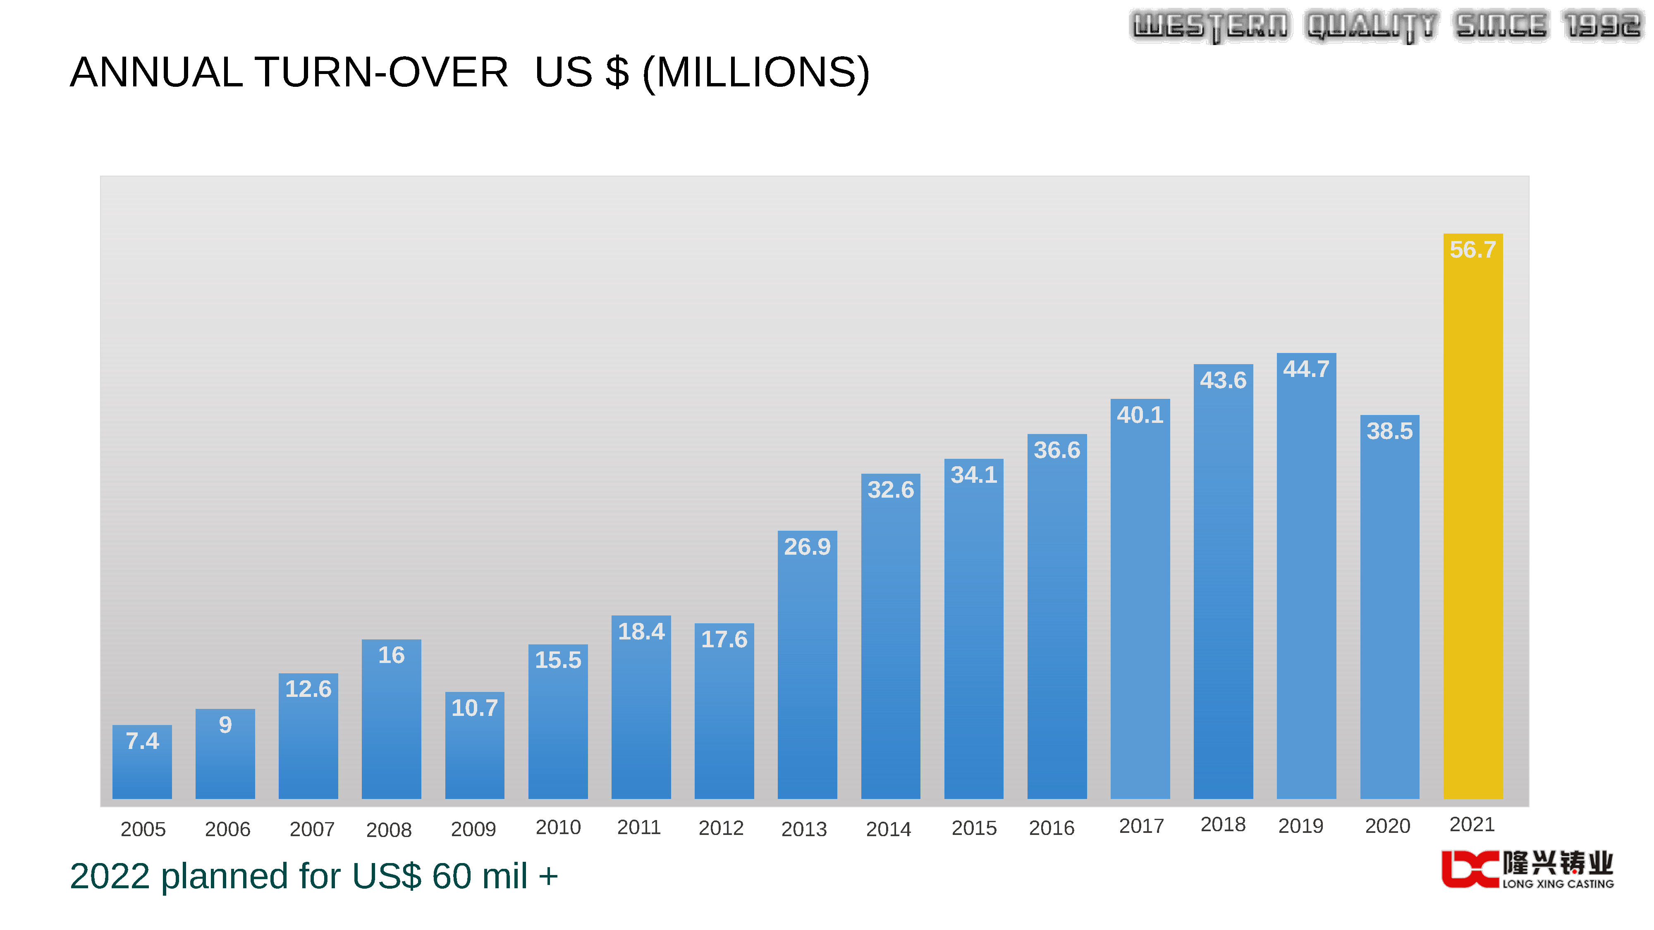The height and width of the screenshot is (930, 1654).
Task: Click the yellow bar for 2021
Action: (1472, 526)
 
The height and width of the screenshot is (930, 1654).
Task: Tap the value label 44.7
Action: (1306, 369)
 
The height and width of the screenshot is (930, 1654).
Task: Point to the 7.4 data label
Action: (142, 741)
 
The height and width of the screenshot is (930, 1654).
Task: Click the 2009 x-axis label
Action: (473, 829)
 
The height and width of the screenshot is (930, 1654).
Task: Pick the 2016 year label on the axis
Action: (1051, 828)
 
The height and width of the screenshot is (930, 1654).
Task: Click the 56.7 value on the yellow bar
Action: (1472, 250)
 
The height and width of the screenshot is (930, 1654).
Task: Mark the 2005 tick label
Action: (143, 829)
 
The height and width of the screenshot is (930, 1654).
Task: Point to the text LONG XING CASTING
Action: (1558, 884)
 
